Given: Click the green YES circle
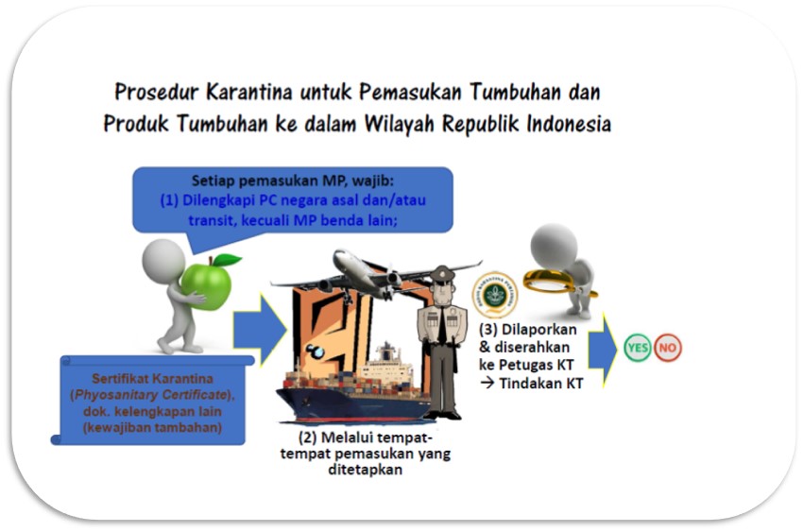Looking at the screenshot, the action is click(637, 348).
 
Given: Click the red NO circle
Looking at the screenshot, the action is click(667, 348).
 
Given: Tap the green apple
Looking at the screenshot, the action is click(206, 285).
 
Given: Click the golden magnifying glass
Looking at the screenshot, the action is click(551, 281).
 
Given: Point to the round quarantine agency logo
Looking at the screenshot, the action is click(495, 296).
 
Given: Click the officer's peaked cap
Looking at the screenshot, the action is click(442, 273).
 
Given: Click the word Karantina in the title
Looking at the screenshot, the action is click(248, 93).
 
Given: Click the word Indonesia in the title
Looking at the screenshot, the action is click(569, 124).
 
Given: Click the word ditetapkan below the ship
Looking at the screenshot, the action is click(366, 470).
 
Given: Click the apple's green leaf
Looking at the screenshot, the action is click(227, 260).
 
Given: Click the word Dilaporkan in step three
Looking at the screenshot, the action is click(539, 329).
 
